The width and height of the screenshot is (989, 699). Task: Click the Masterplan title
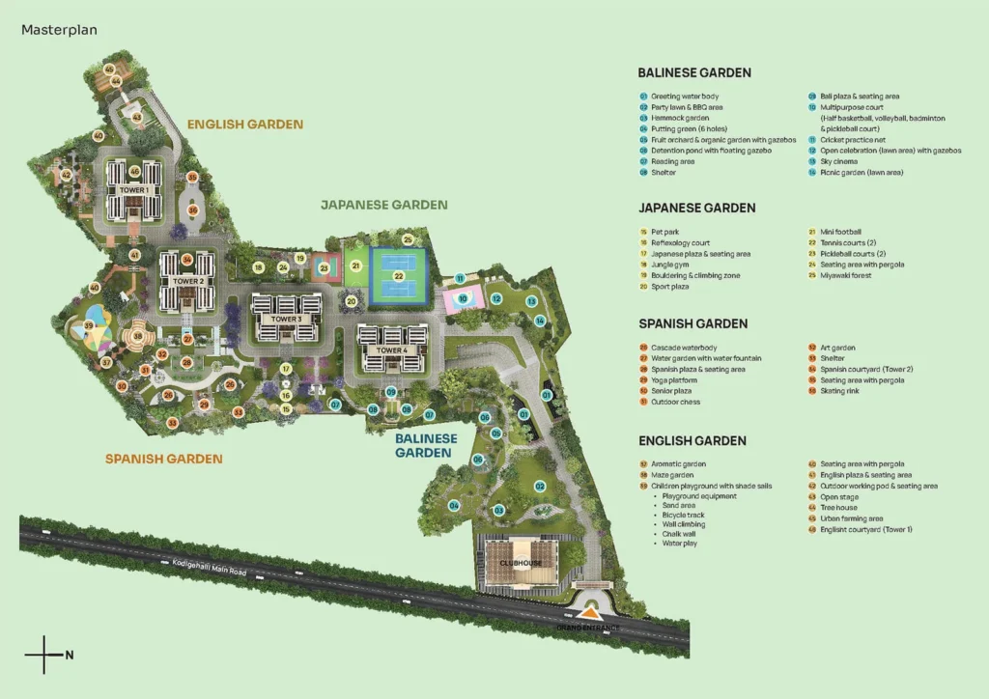pos(59,30)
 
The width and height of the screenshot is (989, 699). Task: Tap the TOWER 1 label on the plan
pos(133,190)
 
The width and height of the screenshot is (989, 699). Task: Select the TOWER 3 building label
pos(285,319)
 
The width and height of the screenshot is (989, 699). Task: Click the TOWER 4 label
pos(390,349)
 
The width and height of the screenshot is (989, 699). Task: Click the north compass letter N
pos(70,656)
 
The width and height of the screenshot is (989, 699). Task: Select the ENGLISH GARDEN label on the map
pos(244,125)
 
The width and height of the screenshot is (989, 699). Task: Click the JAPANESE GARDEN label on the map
pos(384,205)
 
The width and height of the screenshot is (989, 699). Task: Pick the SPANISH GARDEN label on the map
pos(163,459)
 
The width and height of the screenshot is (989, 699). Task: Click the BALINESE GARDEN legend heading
pos(693,72)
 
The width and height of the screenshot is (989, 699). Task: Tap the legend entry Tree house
pos(841,508)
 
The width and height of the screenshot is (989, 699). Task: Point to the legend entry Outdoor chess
pos(676,402)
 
